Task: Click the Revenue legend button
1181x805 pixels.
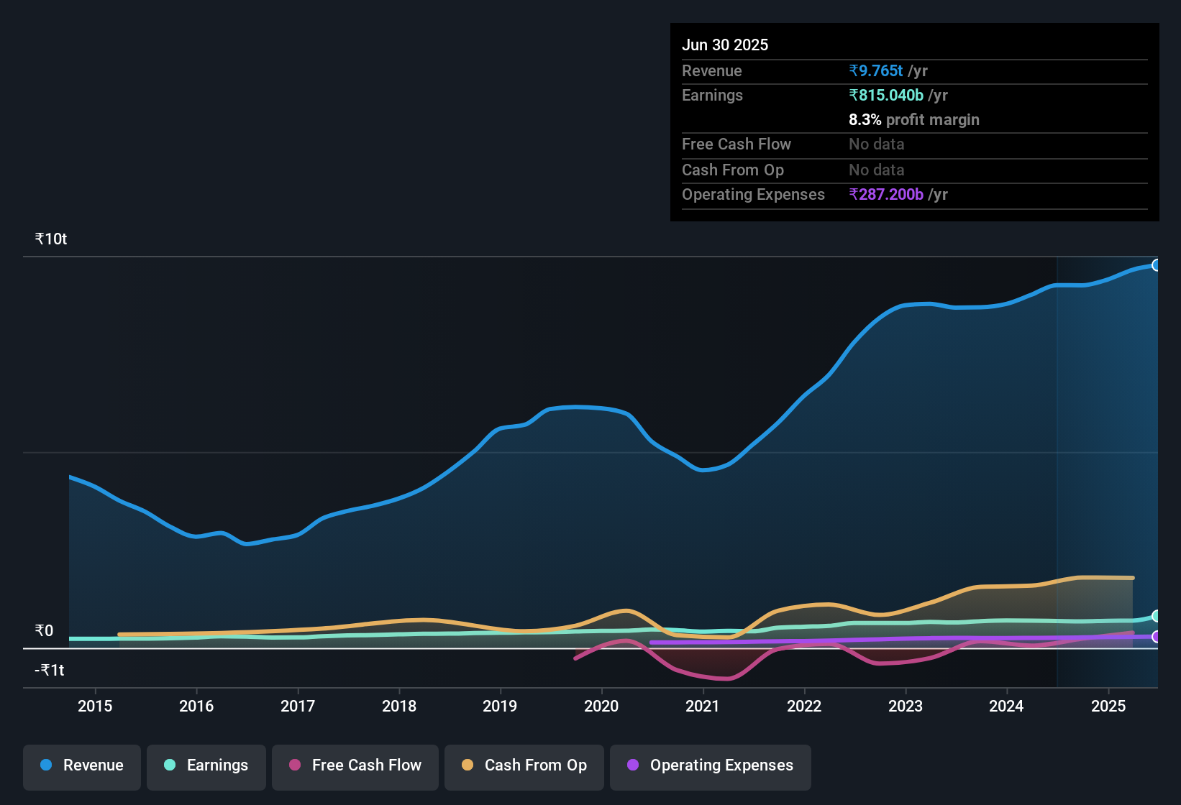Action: (82, 765)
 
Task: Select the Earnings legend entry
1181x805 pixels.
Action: (206, 765)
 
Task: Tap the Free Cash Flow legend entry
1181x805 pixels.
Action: (355, 765)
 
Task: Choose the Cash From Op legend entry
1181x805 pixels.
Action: (524, 765)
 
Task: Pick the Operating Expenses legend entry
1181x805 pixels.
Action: (711, 765)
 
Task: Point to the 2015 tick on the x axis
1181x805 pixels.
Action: (95, 706)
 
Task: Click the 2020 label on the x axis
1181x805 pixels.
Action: (601, 706)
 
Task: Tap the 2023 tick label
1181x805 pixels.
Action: (906, 706)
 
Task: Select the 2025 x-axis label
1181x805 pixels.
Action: (1108, 706)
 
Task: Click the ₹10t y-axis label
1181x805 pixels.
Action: (51, 239)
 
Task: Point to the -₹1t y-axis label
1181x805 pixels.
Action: (50, 671)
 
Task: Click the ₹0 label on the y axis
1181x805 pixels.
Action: (45, 631)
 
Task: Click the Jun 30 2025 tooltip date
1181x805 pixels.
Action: (725, 45)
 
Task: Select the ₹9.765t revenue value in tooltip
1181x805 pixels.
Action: (875, 71)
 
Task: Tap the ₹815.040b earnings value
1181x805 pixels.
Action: (885, 96)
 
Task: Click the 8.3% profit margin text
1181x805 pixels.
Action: (913, 120)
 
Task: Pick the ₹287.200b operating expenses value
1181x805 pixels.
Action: (885, 195)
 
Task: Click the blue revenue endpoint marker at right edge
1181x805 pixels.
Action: (1156, 265)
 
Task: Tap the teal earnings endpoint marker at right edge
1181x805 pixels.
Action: (1156, 616)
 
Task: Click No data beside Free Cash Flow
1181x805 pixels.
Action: (876, 144)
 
